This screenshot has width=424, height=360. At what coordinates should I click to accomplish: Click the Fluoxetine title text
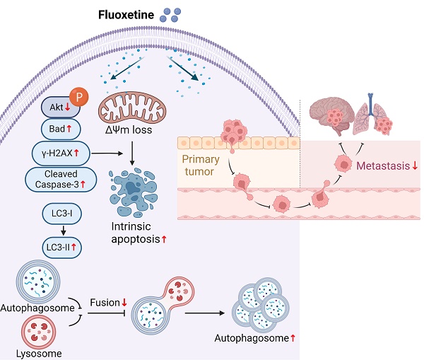(x=126, y=14)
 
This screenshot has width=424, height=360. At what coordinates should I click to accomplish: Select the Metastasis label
(x=387, y=167)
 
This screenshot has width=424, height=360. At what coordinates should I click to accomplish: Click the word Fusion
(x=105, y=303)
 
